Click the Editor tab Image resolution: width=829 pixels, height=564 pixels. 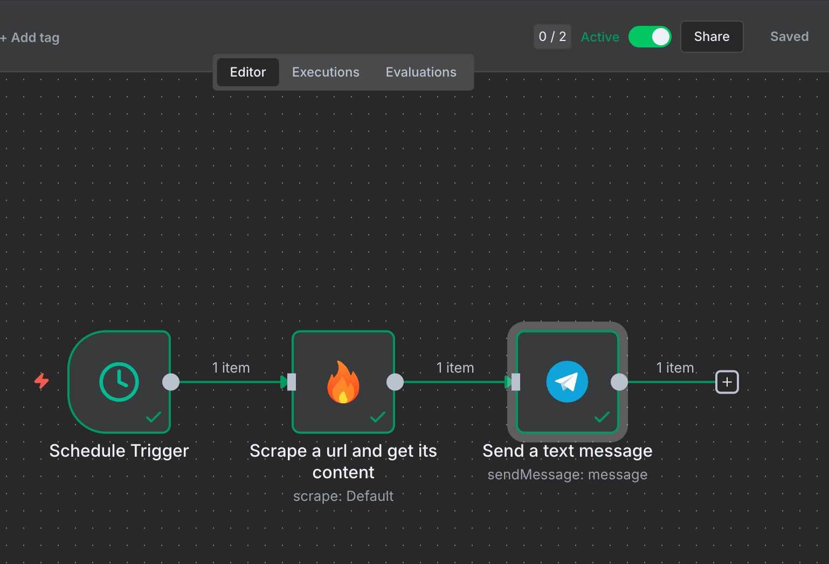tap(248, 72)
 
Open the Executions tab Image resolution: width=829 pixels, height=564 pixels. tap(326, 72)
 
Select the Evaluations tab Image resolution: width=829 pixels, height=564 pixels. tap(421, 72)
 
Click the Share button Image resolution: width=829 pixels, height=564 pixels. tap(711, 37)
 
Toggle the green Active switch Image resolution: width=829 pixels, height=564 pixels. tap(650, 37)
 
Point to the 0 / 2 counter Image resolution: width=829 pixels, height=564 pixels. tap(552, 37)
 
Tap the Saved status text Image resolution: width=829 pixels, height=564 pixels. tap(789, 37)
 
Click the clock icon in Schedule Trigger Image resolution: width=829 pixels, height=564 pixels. tap(119, 382)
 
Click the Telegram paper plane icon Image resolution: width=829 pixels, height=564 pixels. tap(567, 382)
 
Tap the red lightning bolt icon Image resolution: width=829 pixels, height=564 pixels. tap(42, 381)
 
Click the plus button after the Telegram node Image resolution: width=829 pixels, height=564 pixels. tap(727, 382)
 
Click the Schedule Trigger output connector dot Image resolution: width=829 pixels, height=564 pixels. tap(171, 382)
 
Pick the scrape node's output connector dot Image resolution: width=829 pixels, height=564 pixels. tap(395, 382)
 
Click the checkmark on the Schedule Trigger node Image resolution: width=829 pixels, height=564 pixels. tap(154, 417)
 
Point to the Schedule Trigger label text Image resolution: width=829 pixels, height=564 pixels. tap(119, 451)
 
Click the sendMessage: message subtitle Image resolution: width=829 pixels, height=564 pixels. tap(568, 474)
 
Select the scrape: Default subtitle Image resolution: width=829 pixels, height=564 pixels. tap(343, 496)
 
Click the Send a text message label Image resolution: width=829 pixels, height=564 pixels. tap(568, 451)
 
